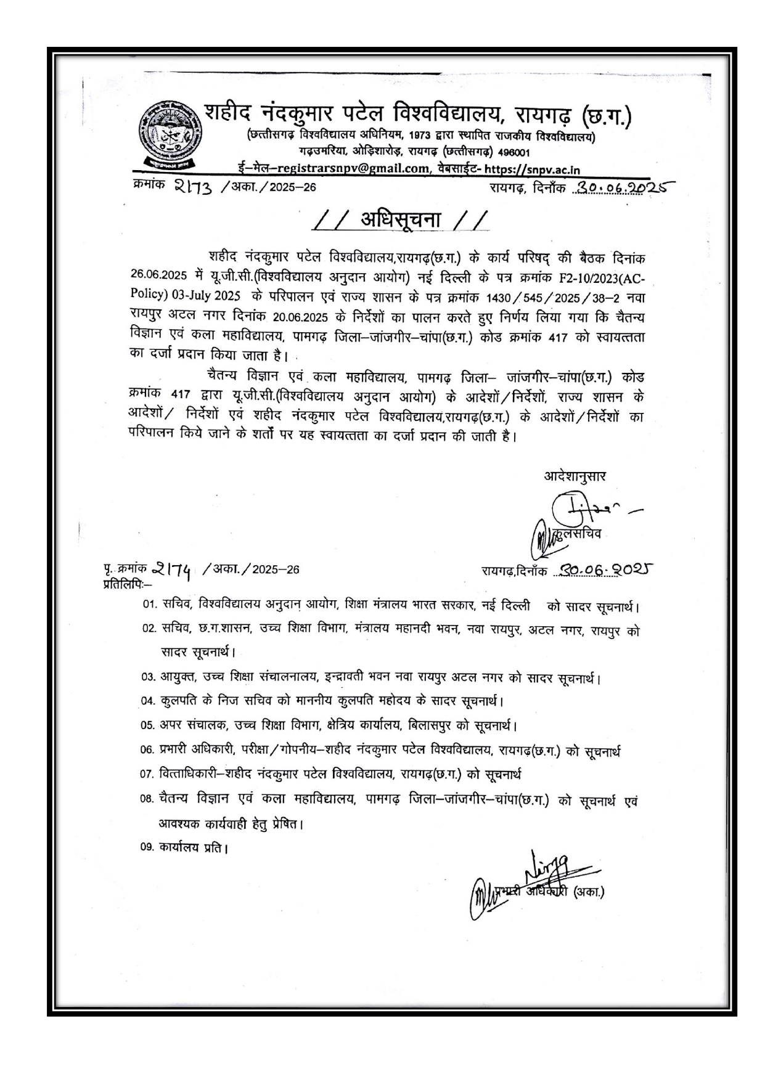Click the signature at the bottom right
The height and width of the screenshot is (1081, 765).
point(542,875)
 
